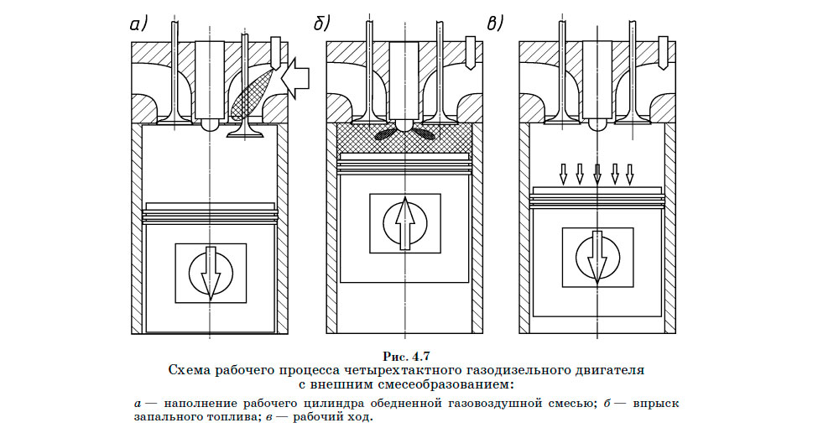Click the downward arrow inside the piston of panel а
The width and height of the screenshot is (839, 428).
(210, 274)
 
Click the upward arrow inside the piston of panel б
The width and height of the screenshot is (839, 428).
(404, 223)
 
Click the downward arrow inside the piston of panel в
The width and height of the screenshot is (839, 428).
(597, 258)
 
